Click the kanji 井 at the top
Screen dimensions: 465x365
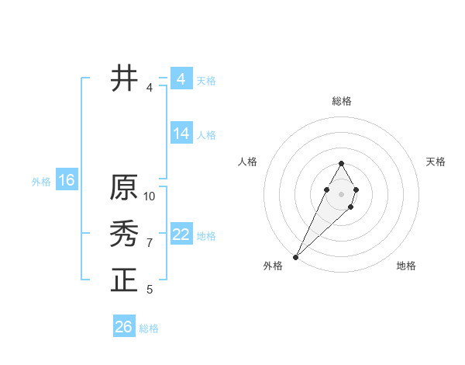(124, 78)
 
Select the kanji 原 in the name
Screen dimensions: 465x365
(124, 187)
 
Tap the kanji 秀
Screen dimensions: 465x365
(124, 234)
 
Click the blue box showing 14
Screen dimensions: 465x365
(181, 134)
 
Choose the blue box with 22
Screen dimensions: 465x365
(181, 235)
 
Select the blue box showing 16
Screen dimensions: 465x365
(67, 181)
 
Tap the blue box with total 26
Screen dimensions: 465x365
(124, 327)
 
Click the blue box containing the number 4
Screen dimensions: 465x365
(181, 79)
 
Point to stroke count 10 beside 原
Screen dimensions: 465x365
(150, 196)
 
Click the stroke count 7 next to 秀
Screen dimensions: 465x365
(150, 243)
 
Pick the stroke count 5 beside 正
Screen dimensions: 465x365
(150, 290)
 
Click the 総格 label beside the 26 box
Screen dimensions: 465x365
(149, 328)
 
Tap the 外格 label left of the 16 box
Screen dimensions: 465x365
(41, 182)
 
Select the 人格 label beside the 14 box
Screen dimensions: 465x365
(206, 135)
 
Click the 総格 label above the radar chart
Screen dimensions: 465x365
(341, 101)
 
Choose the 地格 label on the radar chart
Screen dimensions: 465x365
(406, 266)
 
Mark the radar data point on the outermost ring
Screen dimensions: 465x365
(296, 256)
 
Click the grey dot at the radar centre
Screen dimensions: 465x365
(341, 193)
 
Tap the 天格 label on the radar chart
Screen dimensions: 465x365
(436, 162)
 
